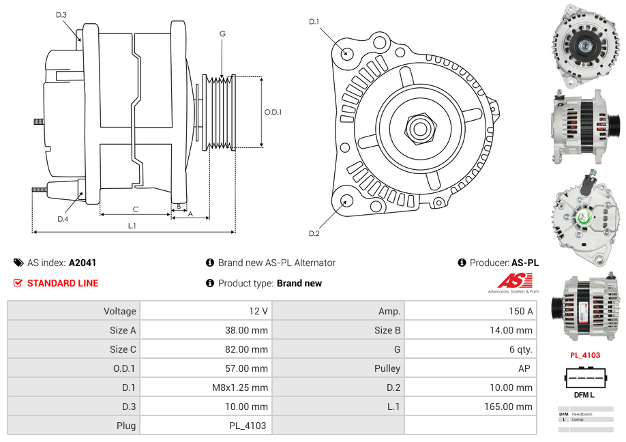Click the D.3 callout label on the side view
point(61,14)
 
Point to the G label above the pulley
point(222,33)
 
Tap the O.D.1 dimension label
point(273,113)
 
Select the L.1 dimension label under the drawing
point(132,225)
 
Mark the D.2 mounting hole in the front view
point(346,201)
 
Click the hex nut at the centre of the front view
point(419,127)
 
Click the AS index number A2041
point(83,263)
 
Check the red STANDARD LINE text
point(62,283)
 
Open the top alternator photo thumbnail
point(586,46)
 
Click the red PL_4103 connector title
point(585,355)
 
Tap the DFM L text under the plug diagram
point(584,395)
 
